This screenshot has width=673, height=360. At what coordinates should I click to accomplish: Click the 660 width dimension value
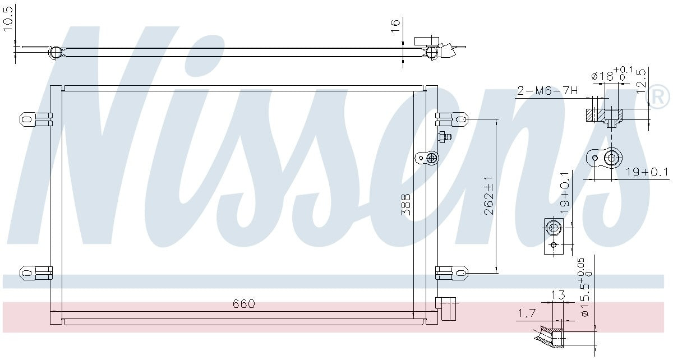click(x=243, y=304)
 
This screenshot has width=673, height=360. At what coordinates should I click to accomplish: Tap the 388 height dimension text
click(x=406, y=205)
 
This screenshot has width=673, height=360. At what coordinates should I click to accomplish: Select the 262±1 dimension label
click(x=488, y=196)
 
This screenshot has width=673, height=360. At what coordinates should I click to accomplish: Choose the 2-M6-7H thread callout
click(x=546, y=91)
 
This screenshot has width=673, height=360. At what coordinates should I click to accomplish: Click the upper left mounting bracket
click(x=35, y=118)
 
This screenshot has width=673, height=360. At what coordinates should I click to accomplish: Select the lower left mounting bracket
click(x=35, y=273)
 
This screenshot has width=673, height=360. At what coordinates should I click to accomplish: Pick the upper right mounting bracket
click(x=452, y=118)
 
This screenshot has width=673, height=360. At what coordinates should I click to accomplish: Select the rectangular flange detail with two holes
click(x=553, y=236)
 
